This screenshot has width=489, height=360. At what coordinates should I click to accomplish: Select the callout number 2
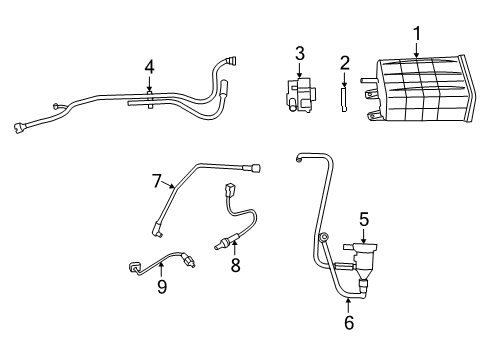343,64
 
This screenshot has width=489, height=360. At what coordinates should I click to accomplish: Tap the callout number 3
299,52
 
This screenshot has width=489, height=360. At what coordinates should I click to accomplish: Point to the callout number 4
149,67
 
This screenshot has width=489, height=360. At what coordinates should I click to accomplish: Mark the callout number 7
156,181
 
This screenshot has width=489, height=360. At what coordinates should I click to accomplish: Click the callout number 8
236,266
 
